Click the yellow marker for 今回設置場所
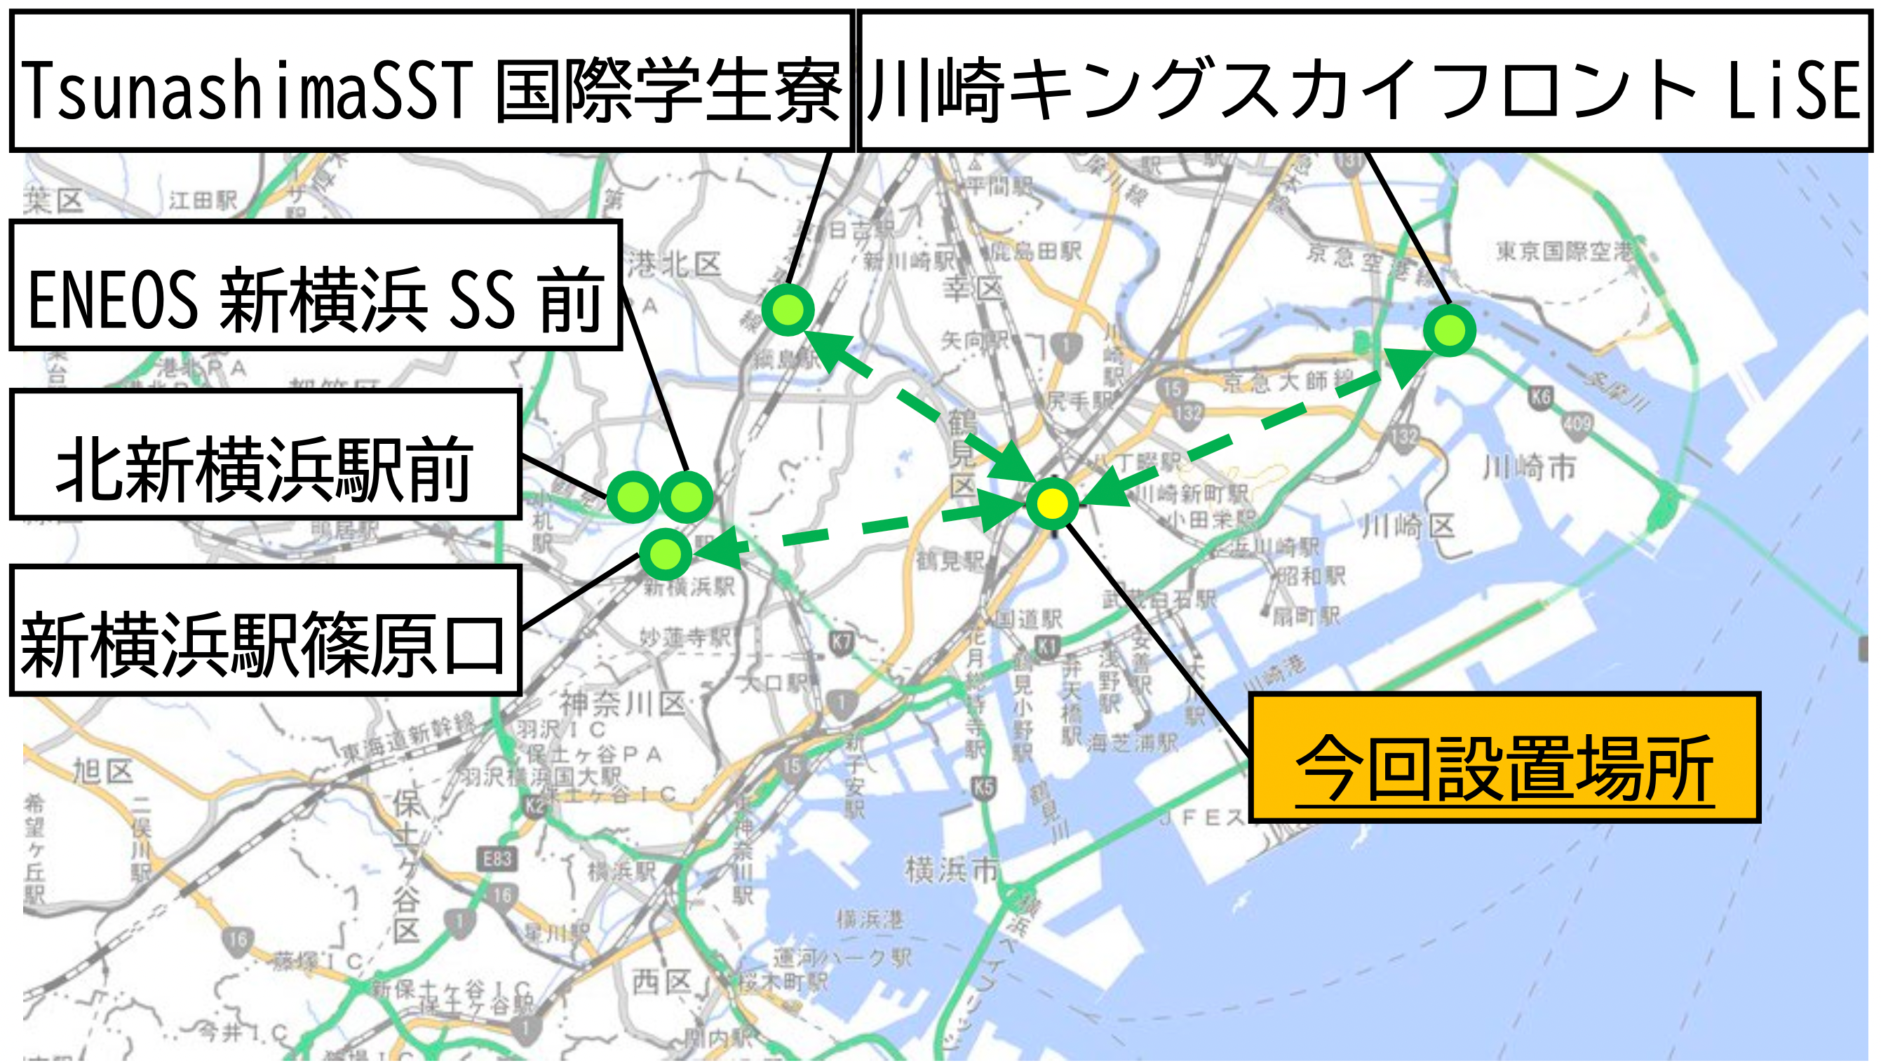[1052, 503]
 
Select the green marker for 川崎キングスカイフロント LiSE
[1450, 331]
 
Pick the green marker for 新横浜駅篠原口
[665, 554]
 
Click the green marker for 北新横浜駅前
[633, 497]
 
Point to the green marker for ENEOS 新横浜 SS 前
[687, 497]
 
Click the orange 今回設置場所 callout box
[1504, 758]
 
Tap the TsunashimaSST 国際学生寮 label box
[431, 81]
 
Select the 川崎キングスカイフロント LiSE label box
[1364, 81]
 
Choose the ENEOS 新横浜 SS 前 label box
[316, 285]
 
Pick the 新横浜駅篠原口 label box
[265, 631]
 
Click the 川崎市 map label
[1529, 467]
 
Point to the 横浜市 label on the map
[952, 869]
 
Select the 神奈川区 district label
[622, 704]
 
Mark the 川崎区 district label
[1408, 526]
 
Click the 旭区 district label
[102, 771]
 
